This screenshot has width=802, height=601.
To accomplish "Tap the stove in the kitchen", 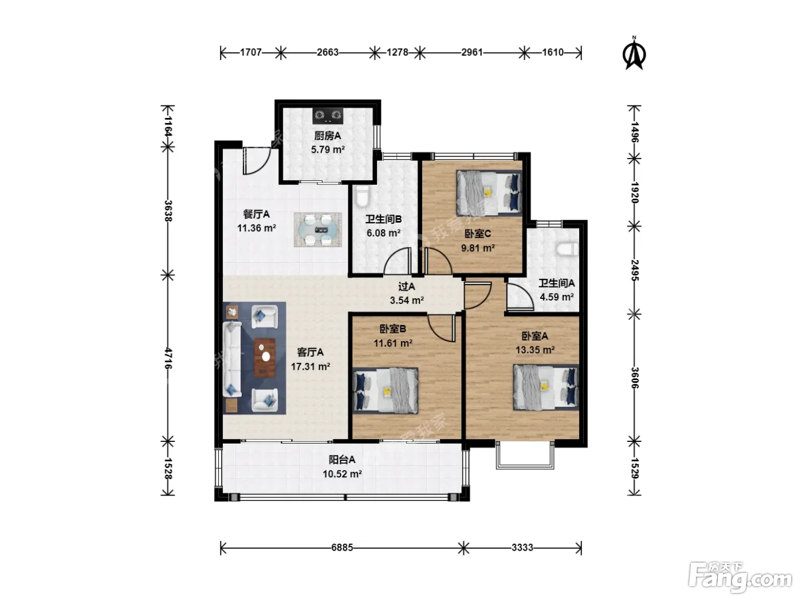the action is coord(327,115).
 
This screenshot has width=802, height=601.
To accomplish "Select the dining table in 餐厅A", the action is coord(317,230).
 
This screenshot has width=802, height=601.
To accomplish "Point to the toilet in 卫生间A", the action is coord(567,250).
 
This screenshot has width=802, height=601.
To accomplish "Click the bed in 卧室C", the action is coord(489,193).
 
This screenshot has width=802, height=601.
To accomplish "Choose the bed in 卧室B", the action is coord(386,390).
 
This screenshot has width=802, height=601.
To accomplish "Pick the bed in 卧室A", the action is coord(546,387).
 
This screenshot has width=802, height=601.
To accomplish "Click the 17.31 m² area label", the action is coord(310,366).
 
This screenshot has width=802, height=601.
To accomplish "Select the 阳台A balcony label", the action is coord(342,460).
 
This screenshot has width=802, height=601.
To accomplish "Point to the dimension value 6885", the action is coord(342,548).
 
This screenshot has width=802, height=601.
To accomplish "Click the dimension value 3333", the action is coord(522,548).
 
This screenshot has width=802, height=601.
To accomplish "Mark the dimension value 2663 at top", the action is coord(327,53).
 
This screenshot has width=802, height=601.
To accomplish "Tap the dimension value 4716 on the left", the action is coord(168,358).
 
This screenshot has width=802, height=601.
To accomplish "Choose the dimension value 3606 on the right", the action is coord(635,378).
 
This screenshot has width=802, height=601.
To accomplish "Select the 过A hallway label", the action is coord(406,287).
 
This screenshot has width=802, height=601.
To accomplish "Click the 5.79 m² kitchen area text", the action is coord(328,149).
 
